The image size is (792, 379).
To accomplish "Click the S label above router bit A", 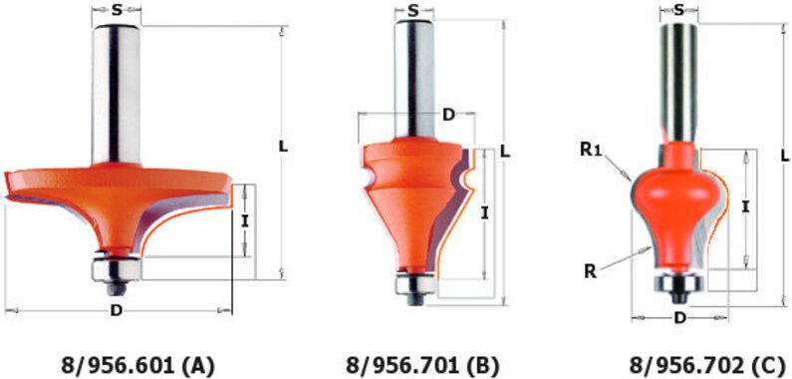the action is (x=117, y=10).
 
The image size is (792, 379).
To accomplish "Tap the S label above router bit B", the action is (x=414, y=11).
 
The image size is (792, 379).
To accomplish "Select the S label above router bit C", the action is (x=679, y=10).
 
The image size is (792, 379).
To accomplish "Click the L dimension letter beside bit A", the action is (x=283, y=148).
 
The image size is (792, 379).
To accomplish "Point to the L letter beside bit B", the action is (x=504, y=151).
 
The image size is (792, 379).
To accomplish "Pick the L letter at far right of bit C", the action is (x=784, y=157).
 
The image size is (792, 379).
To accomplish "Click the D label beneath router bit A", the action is (x=117, y=311).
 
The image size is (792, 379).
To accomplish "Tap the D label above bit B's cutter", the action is (x=448, y=115).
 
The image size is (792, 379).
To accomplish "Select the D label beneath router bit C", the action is (x=679, y=318).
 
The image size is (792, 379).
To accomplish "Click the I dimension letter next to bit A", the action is (x=244, y=220).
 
